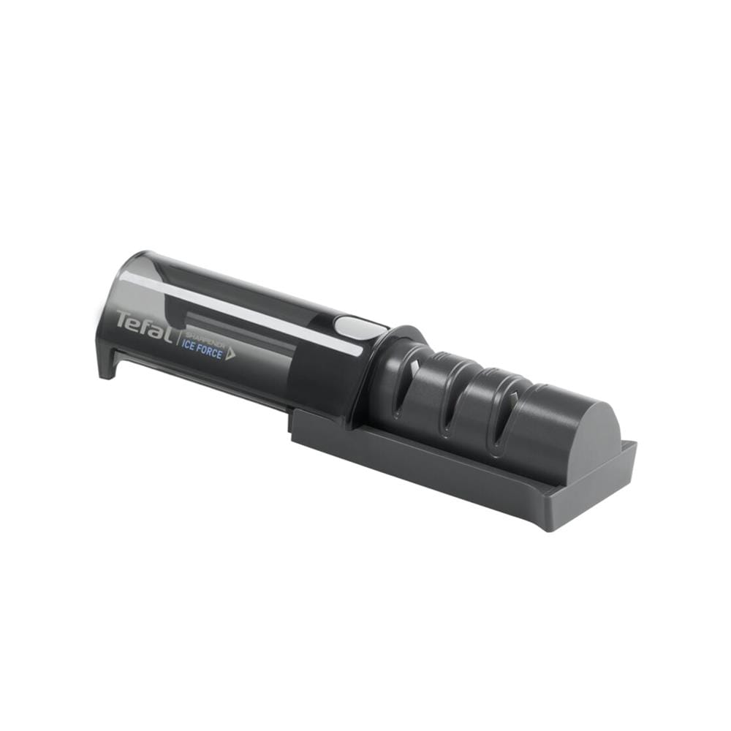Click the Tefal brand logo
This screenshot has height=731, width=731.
[144, 325]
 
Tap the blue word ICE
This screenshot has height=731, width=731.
[188, 346]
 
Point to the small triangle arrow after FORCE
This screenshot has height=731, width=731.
[230, 356]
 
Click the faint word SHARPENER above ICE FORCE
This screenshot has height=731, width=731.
[202, 339]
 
